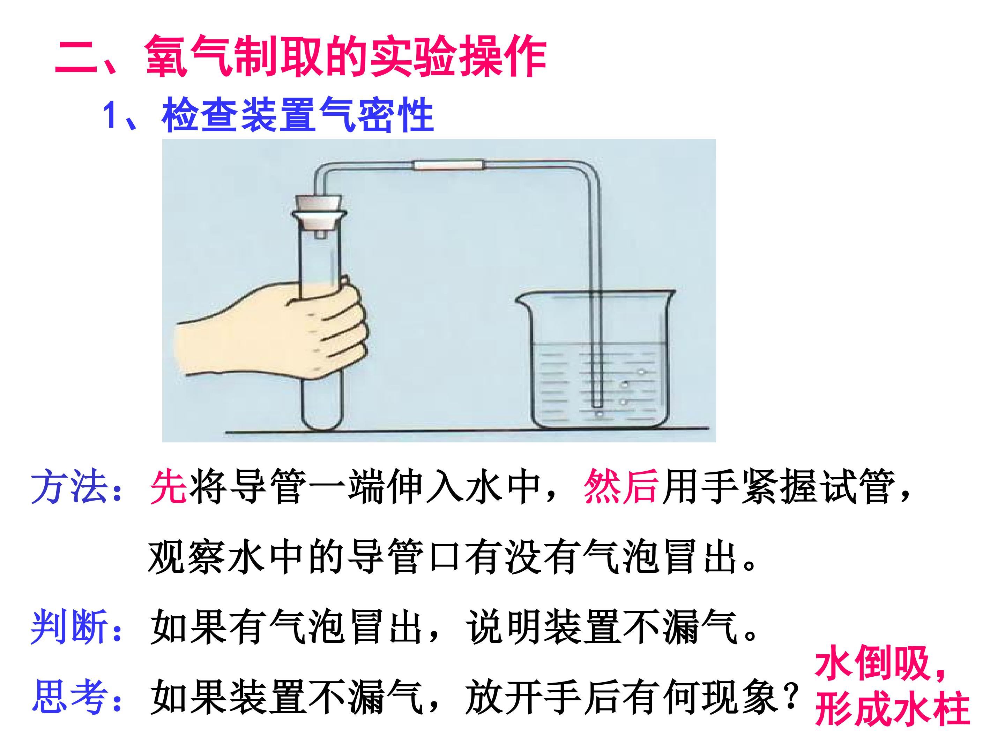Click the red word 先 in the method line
(168, 487)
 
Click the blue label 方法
(69, 487)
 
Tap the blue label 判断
(69, 627)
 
